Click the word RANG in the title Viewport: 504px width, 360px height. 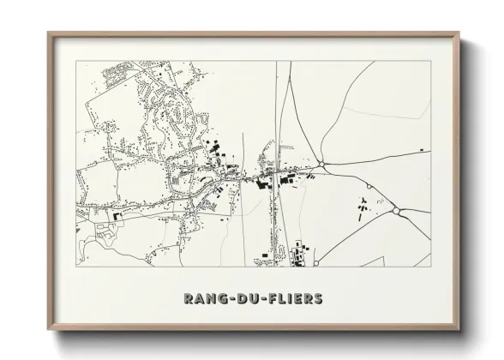pos(206,299)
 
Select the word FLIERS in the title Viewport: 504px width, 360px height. pos(295,299)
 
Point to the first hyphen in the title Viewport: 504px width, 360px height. pos(231,299)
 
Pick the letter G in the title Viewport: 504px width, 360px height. pos(222,299)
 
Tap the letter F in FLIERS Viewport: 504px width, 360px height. pos(273,299)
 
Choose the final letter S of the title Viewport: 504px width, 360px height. pos(318,299)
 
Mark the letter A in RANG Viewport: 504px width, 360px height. pos(198,299)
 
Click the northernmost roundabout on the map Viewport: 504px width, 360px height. pos(321,165)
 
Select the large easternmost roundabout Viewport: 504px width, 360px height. pos(398,211)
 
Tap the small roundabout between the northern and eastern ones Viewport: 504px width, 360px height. pos(369,187)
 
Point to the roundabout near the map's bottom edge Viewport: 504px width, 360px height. pos(315,261)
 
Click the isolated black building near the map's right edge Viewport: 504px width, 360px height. pos(422,151)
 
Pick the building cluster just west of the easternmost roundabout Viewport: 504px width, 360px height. pos(363,206)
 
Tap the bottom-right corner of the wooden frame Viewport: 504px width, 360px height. pos(459,330)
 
